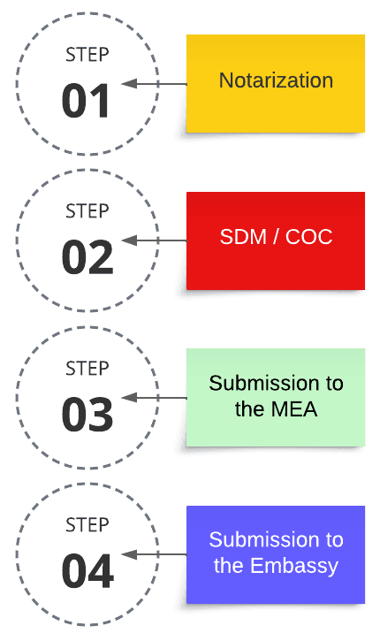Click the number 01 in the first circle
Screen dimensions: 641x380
point(87,101)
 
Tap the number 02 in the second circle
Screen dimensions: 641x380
point(87,257)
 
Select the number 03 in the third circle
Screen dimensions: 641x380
point(87,415)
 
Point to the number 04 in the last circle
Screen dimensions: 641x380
point(87,571)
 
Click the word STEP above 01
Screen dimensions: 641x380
point(87,55)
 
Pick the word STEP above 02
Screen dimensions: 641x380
point(87,211)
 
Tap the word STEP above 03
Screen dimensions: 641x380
point(87,368)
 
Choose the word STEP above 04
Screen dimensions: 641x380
point(87,525)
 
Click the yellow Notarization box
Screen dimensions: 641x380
point(276,83)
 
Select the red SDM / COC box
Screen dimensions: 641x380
point(276,240)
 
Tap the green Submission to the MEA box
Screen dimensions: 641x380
point(276,397)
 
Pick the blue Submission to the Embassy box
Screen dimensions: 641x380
point(276,553)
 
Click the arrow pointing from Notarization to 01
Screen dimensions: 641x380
point(154,84)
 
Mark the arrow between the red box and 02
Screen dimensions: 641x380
point(154,240)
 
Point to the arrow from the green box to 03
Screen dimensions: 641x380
point(154,398)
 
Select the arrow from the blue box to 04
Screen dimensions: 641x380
point(154,554)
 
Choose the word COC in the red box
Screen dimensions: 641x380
point(310,239)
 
